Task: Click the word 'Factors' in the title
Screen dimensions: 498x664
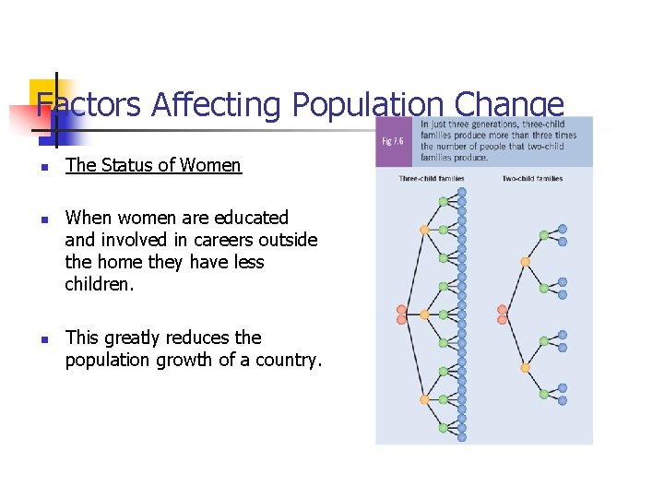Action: coord(88,106)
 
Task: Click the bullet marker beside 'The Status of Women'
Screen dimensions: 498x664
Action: coord(42,167)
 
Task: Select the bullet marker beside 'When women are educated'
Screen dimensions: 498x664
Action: coord(42,219)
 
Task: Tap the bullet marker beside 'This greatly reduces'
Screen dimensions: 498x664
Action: coord(42,338)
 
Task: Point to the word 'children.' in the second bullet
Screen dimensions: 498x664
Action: coord(100,285)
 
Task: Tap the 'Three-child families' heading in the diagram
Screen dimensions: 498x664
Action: coord(432,179)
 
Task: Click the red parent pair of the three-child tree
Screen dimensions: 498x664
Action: coord(401,314)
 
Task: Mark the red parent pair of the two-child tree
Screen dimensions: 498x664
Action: coord(503,314)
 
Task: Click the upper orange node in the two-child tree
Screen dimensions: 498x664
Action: coord(526,262)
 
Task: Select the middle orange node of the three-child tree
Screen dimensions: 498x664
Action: coord(424,314)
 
